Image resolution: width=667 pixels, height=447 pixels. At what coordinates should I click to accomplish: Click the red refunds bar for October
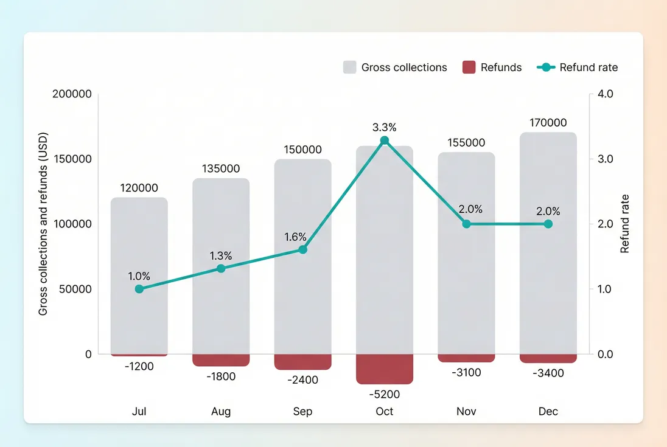(x=384, y=369)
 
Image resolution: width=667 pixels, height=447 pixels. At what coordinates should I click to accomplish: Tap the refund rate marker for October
(x=384, y=140)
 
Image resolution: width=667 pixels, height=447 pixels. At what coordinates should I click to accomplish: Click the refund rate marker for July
(x=139, y=289)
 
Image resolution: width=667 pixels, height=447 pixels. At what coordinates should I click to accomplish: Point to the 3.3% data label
(x=384, y=127)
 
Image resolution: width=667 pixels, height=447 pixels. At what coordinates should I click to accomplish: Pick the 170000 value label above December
(x=548, y=122)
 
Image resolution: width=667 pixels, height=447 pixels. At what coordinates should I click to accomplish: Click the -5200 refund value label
(x=384, y=394)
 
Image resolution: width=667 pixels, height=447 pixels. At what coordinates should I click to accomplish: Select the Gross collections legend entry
(x=395, y=68)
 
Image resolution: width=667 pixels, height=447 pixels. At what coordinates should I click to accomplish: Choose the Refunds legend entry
(x=492, y=68)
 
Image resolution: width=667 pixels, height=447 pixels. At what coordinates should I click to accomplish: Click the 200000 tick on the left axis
(x=72, y=94)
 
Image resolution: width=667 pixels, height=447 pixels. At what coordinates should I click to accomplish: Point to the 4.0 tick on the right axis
(x=606, y=94)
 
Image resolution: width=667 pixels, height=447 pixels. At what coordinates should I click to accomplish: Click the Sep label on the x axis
(x=302, y=411)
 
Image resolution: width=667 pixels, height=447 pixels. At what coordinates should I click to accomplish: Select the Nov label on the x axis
(x=466, y=411)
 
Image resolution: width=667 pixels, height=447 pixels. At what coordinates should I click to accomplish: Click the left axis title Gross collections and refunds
(x=43, y=224)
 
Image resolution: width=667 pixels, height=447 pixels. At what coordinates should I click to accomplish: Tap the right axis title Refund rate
(x=625, y=224)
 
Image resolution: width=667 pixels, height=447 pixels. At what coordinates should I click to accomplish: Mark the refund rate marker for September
(x=302, y=249)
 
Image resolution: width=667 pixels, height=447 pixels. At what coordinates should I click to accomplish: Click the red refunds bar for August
(x=221, y=360)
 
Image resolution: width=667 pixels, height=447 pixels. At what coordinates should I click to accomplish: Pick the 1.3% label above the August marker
(x=221, y=255)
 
